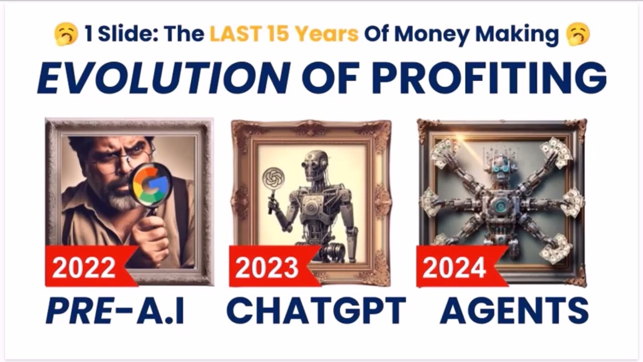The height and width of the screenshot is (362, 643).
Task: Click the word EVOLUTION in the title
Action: (x=164, y=78)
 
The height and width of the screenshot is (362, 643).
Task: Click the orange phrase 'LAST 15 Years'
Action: (x=284, y=35)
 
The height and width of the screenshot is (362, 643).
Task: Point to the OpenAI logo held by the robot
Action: (x=274, y=178)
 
